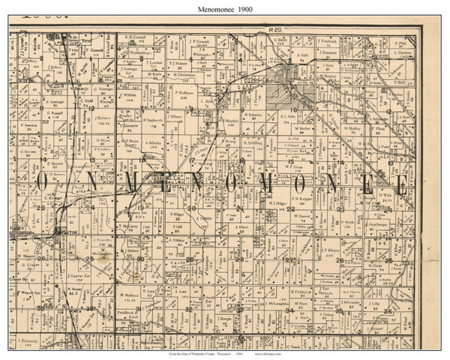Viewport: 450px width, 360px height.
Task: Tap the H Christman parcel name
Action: point(184,75)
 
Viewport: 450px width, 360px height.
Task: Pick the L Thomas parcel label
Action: point(403,53)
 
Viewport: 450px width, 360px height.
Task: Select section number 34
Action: point(289,309)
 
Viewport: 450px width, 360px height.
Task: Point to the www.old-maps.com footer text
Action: point(271,352)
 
